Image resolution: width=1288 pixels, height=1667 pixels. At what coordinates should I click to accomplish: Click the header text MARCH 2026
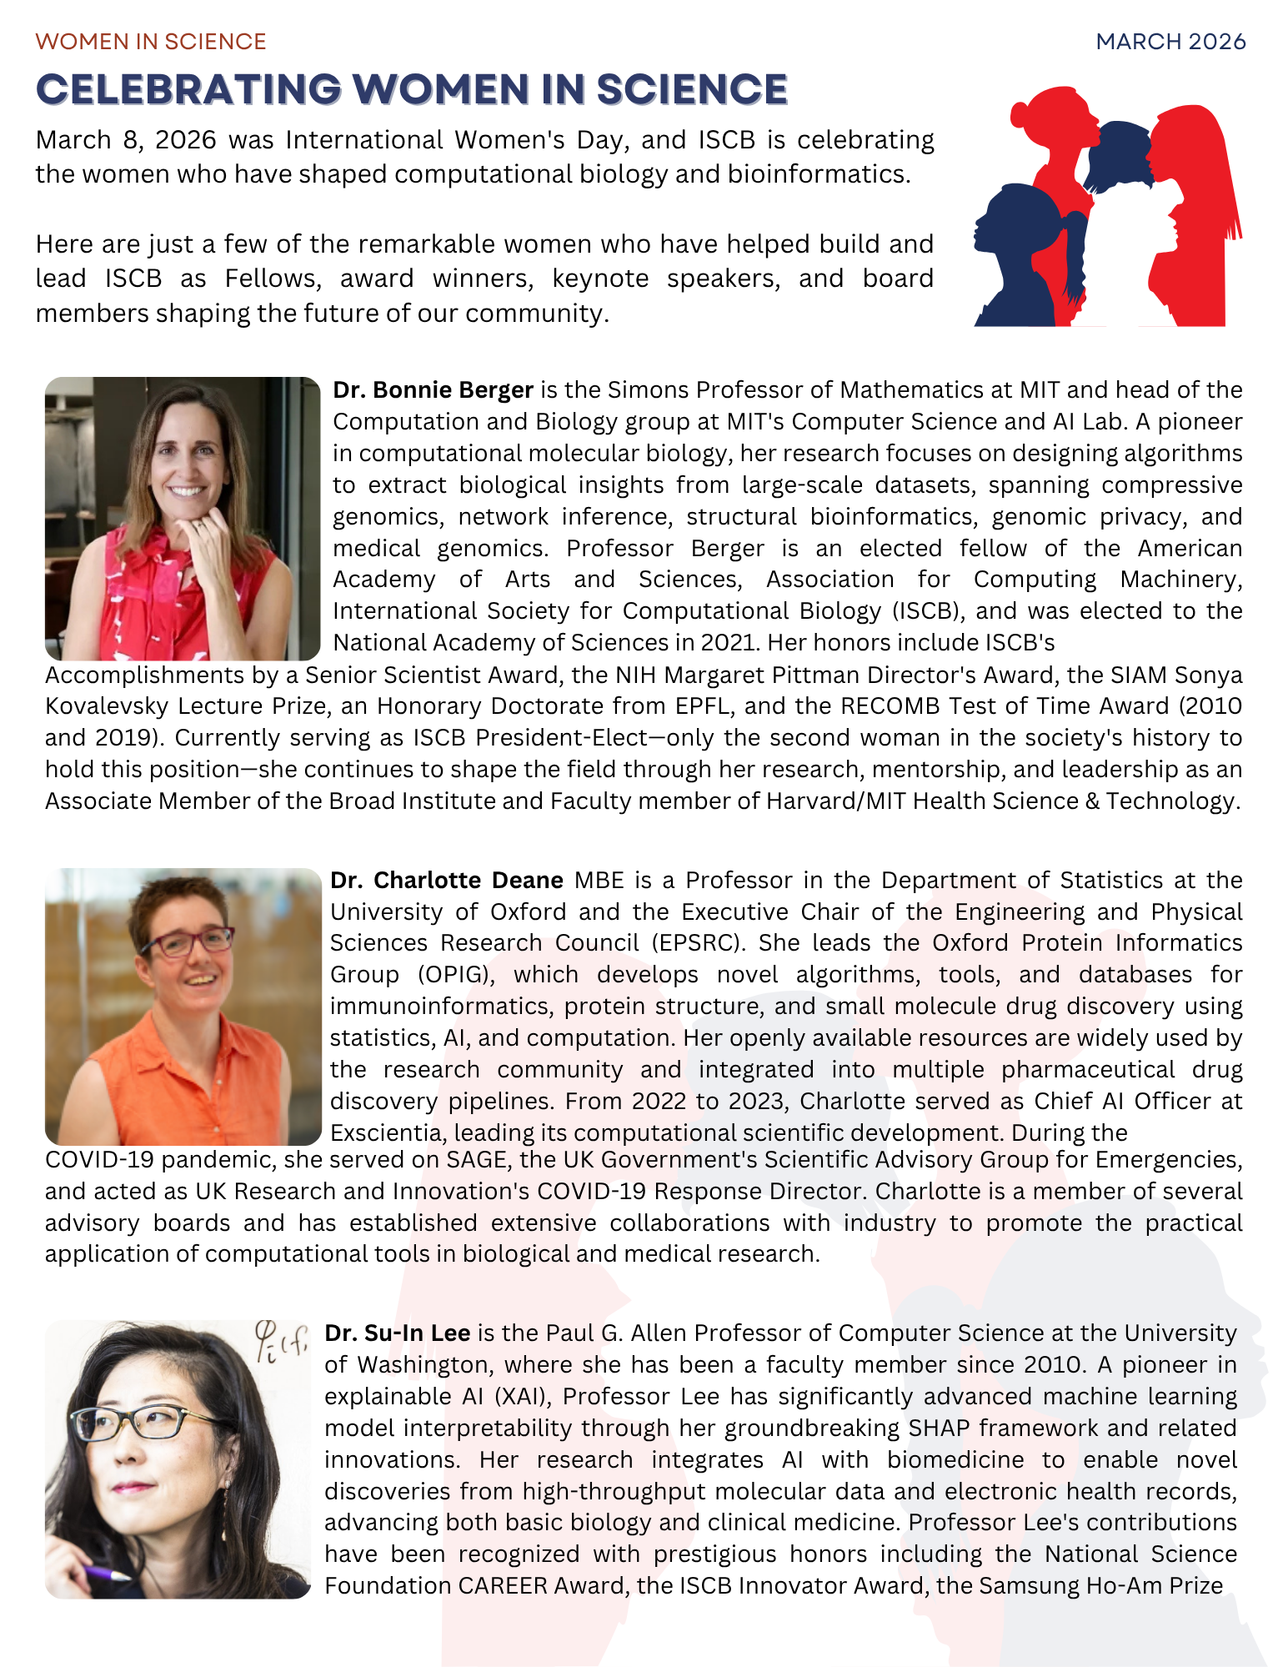click(1170, 42)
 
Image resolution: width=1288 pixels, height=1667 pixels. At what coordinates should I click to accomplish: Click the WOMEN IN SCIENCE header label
click(151, 42)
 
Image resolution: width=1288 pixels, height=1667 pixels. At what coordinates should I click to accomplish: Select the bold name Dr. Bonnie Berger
click(433, 390)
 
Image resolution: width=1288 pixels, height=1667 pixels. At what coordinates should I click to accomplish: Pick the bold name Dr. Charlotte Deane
click(447, 881)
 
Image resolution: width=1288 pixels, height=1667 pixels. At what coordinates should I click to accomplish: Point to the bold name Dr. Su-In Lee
click(397, 1333)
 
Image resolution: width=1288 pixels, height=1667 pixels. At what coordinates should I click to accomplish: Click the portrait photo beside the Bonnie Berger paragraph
click(183, 518)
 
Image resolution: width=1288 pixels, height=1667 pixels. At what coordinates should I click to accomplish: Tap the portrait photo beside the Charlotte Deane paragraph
click(183, 1007)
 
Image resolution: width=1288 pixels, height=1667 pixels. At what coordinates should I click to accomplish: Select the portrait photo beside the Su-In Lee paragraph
click(178, 1459)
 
